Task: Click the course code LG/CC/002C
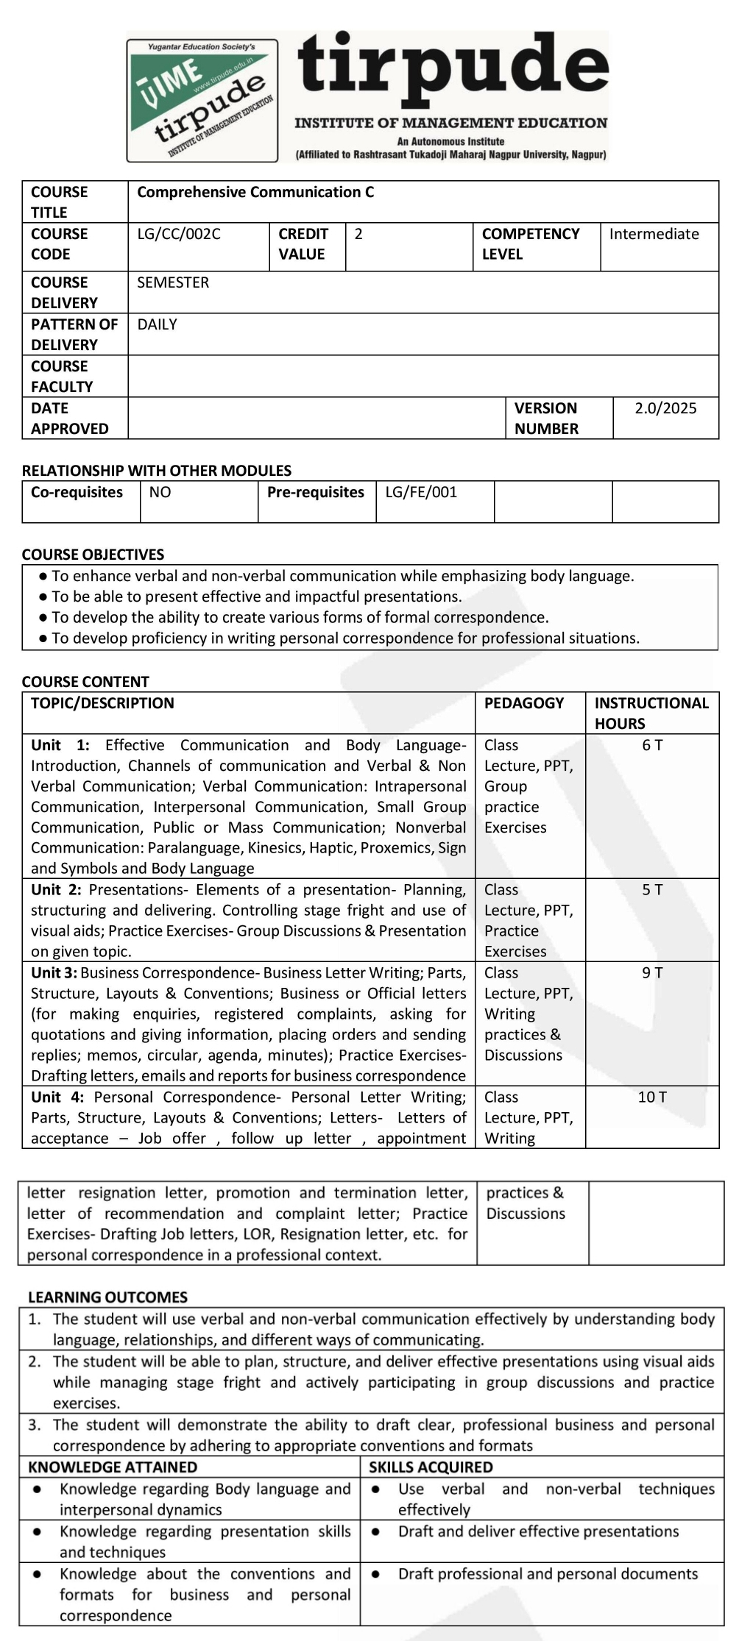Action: click(179, 234)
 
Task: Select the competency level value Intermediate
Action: click(654, 234)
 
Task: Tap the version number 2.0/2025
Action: click(665, 408)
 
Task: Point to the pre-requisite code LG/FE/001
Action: click(421, 492)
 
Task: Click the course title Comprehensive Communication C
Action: click(255, 192)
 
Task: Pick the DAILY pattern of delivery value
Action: click(157, 324)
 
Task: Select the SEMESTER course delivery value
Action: click(173, 282)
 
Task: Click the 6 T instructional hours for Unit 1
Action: click(652, 745)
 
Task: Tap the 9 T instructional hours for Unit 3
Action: click(652, 972)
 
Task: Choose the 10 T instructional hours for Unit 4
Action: click(652, 1097)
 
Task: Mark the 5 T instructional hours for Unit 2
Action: click(652, 889)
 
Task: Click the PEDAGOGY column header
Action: click(524, 703)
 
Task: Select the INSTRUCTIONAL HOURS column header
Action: click(651, 713)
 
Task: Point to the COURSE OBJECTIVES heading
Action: click(93, 555)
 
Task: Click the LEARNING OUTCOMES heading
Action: click(107, 1297)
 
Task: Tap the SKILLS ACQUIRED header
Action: click(431, 1467)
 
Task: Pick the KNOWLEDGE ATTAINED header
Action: click(113, 1467)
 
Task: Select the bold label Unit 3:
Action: click(54, 972)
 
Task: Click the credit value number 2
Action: click(358, 234)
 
